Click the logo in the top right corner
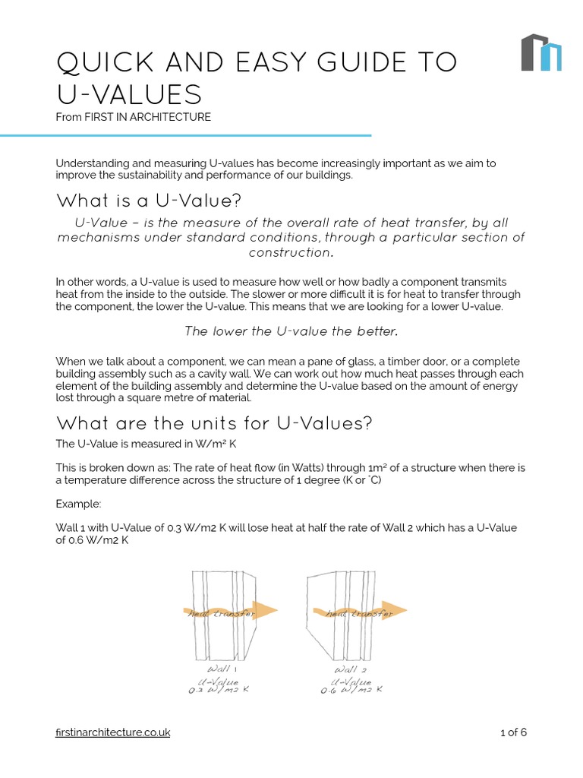click(x=540, y=52)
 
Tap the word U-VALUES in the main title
click(x=129, y=95)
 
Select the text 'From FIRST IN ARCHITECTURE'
click(x=133, y=117)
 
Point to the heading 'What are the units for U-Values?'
click(x=214, y=422)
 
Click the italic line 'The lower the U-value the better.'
click(x=291, y=331)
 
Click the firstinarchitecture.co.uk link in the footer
click(x=113, y=732)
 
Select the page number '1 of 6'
click(x=513, y=732)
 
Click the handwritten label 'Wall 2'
click(x=350, y=669)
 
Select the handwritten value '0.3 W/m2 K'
click(x=219, y=691)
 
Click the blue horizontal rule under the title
click(x=186, y=136)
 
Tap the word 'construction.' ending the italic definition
click(x=291, y=252)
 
